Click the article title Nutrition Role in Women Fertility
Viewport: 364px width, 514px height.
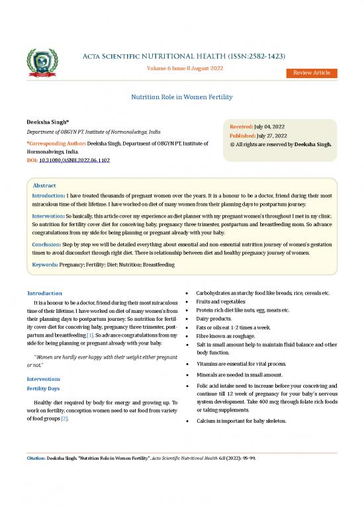tap(181, 97)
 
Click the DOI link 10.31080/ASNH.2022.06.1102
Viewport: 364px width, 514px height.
tap(75, 161)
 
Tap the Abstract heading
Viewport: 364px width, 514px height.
tap(44, 186)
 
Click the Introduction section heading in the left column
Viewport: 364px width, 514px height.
tap(45, 293)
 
